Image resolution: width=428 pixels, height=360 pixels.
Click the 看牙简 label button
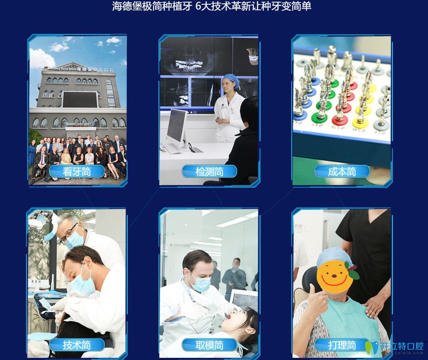(x=77, y=172)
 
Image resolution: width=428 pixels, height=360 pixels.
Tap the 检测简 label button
(x=209, y=172)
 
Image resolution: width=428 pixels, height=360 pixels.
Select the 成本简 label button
(x=342, y=172)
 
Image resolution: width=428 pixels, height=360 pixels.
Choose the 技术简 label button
(x=77, y=345)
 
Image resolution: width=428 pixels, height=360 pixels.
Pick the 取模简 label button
(x=209, y=345)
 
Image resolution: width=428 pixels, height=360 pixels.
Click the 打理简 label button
(x=342, y=345)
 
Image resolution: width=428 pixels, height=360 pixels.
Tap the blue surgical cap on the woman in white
(x=230, y=80)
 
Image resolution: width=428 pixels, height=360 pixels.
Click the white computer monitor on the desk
(x=177, y=126)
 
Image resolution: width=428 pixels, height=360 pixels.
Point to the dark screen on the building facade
(x=79, y=99)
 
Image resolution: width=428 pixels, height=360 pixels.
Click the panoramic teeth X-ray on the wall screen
(x=189, y=65)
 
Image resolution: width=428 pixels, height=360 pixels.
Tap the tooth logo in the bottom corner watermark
(x=371, y=347)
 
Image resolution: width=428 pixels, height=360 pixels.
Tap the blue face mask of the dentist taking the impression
(x=201, y=283)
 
